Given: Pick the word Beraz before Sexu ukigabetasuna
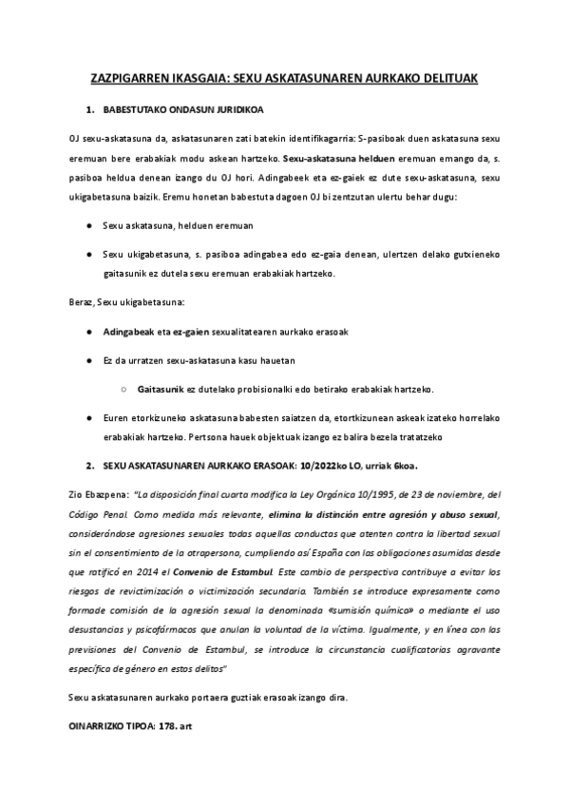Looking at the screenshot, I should coord(82,301).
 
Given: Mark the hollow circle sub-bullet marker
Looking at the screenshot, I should coord(125,390).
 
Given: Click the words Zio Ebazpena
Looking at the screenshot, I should coord(97,495).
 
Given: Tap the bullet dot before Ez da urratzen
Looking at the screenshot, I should coord(88,361).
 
